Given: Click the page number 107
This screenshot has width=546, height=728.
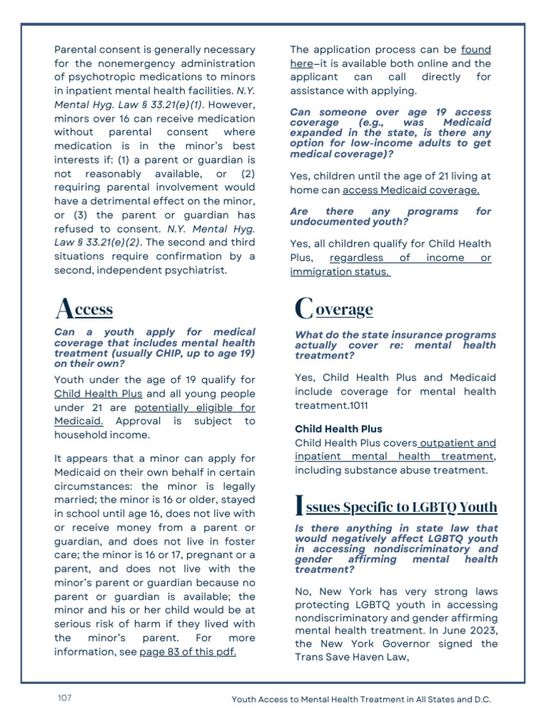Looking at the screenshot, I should pos(65,698).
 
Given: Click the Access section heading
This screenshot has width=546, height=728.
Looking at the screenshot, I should pos(84,309).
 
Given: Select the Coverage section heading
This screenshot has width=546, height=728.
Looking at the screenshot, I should pos(333,309).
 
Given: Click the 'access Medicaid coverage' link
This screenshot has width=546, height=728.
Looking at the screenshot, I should pos(411,190).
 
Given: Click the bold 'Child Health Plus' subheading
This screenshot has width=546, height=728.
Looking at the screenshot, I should pos(338,429).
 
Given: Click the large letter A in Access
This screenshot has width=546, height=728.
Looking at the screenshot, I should pos(63,309).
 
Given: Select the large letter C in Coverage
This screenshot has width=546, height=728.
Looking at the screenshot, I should pos(304,309).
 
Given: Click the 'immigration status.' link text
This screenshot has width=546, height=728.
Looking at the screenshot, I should pos(340,272).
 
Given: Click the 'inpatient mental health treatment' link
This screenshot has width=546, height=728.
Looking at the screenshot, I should pos(393,456).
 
